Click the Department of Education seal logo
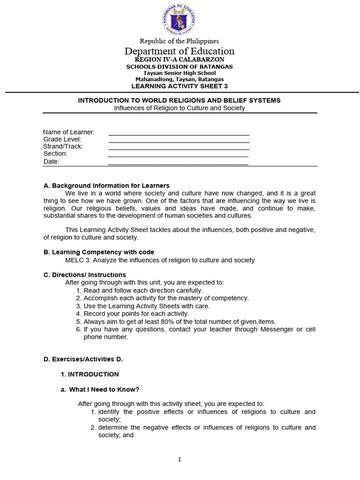pos(179,20)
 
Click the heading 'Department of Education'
pos(180,51)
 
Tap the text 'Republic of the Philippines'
pos(179,41)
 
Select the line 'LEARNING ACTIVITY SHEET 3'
pos(180,86)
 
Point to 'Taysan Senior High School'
pos(180,73)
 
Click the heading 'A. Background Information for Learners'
pos(106,186)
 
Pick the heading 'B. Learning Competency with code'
pos(98,252)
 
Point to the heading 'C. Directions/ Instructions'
pos(84,275)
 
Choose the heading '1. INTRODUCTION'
pos(90,374)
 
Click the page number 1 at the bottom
pos(180,459)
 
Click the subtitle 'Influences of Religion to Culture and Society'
pos(180,108)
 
